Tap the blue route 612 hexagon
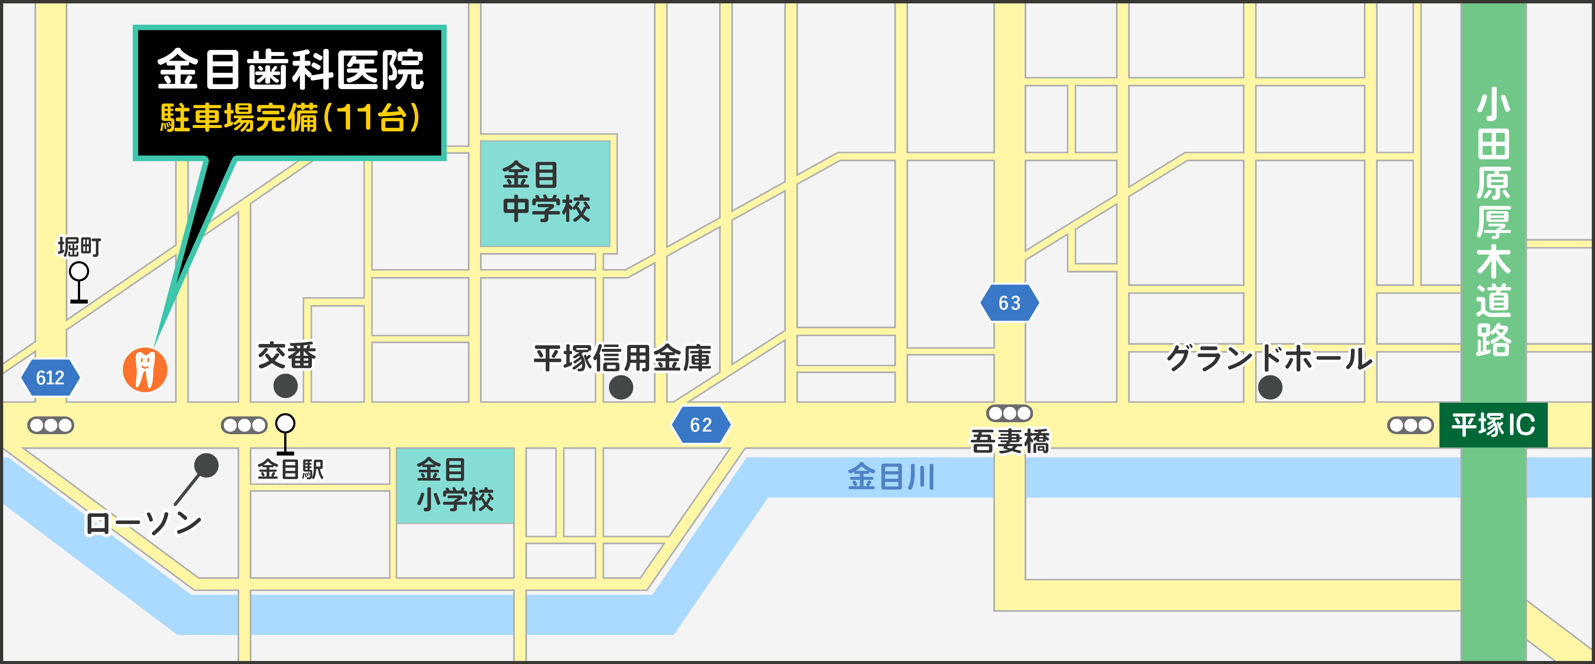(50, 378)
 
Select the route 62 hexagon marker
(701, 424)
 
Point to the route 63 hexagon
(1009, 302)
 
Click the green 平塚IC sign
(1493, 425)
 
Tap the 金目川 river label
(891, 477)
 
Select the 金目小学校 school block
(455, 485)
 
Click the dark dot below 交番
(285, 386)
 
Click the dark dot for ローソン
(206, 465)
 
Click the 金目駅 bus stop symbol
(285, 433)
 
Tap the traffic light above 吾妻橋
(1009, 413)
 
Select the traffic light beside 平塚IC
(1410, 425)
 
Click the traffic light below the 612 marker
(51, 425)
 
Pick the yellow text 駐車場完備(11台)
(290, 118)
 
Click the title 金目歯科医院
(290, 70)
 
